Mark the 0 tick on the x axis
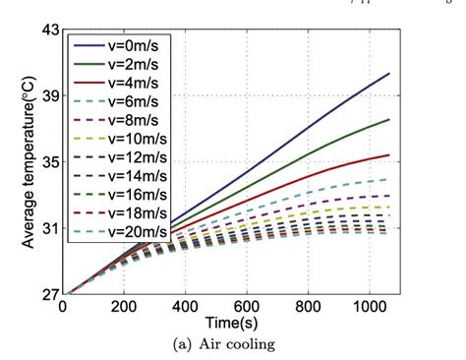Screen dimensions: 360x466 [63, 306]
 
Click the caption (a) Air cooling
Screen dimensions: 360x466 [232, 343]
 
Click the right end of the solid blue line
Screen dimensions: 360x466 [389, 74]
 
